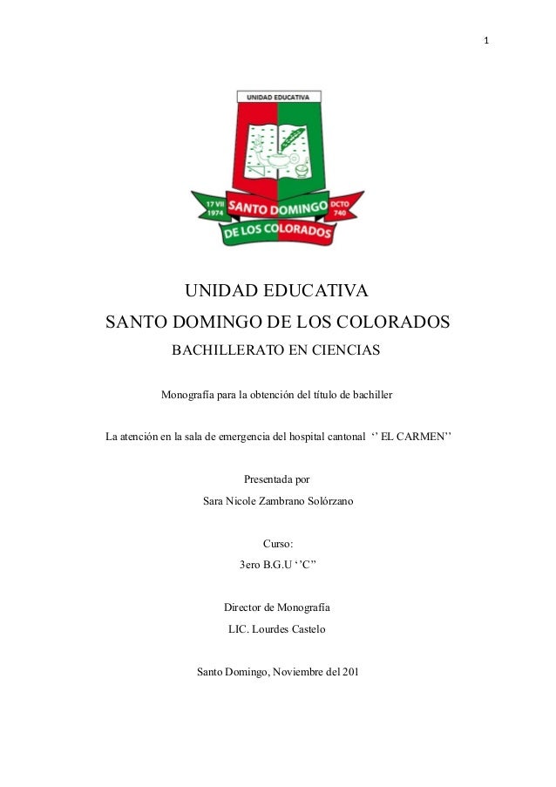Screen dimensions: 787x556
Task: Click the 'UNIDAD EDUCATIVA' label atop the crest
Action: [278, 98]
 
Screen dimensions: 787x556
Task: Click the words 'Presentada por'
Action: [277, 479]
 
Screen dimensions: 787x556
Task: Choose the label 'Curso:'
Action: [277, 544]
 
